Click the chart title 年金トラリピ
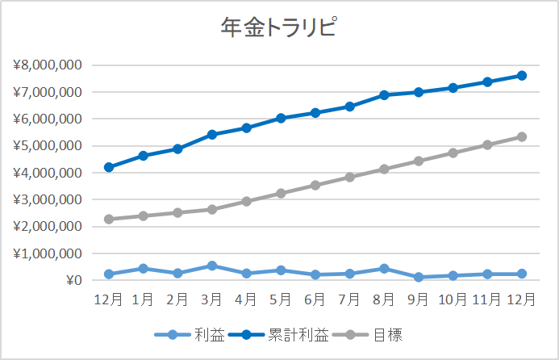[x=278, y=28]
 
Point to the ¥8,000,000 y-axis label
[x=47, y=65]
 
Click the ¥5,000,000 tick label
[x=47, y=146]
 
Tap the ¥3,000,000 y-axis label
[x=47, y=199]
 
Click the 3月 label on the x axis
[x=211, y=299]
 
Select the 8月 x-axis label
[x=384, y=299]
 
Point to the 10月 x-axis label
[x=453, y=299]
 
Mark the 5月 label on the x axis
[x=281, y=299]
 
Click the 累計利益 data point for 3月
[x=211, y=135]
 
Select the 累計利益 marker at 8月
[x=384, y=95]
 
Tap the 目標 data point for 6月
[x=315, y=185]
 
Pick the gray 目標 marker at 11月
[x=487, y=145]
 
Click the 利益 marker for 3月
[x=211, y=266]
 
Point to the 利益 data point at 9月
[x=419, y=277]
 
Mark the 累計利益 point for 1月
[x=143, y=156]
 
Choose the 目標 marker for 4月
[x=246, y=201]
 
